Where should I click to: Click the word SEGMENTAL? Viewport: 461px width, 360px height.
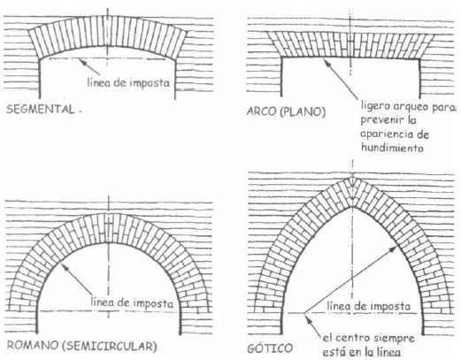click(x=41, y=109)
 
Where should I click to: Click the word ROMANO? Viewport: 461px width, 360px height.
click(x=33, y=345)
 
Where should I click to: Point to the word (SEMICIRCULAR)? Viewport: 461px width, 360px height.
click(x=109, y=346)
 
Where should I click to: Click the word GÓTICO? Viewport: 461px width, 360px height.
click(x=270, y=349)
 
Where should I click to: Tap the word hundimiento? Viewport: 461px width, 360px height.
click(x=392, y=147)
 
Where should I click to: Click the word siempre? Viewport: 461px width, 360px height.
click(x=395, y=338)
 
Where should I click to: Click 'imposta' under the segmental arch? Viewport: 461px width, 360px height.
click(x=150, y=83)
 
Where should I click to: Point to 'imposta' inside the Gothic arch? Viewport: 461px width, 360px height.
click(x=389, y=306)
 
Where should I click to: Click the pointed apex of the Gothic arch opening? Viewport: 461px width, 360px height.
click(x=352, y=206)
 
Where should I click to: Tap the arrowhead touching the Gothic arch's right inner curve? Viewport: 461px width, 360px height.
click(x=394, y=249)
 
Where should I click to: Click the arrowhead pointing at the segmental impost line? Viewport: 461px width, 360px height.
click(x=82, y=61)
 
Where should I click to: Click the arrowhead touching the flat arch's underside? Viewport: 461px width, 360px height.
click(x=327, y=61)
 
